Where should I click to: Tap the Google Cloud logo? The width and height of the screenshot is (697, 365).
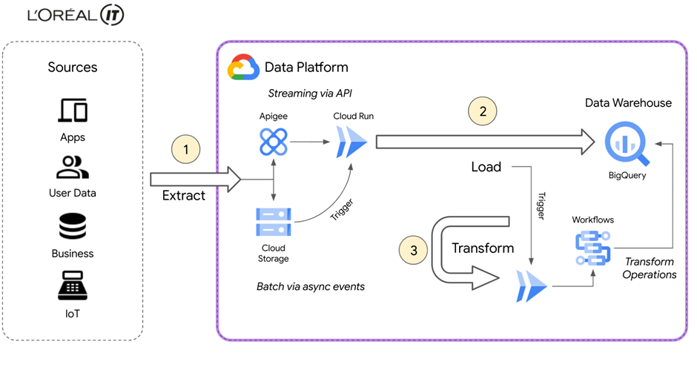242,67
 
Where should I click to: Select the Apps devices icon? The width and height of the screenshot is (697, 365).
73,111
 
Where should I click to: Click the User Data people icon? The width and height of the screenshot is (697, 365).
73,168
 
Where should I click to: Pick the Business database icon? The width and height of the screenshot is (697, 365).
73,226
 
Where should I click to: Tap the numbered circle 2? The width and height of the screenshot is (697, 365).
483,112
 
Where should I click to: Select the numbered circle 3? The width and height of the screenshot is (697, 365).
414,249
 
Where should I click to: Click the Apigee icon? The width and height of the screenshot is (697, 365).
274,140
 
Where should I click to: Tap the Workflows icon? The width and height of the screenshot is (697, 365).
592,248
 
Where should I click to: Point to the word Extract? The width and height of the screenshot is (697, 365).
183,196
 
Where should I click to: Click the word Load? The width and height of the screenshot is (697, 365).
486,167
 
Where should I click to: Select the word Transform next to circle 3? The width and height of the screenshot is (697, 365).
483,248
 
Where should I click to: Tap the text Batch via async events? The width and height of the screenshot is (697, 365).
310,286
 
